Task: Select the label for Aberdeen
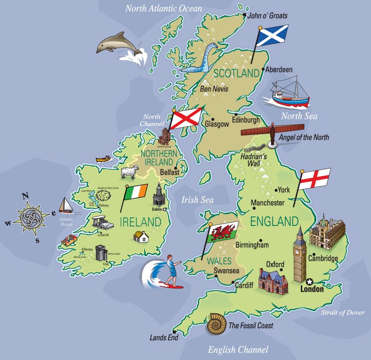coord(279,70)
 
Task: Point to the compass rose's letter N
coord(26,196)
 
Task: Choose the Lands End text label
coord(164,337)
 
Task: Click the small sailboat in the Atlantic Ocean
coord(66,206)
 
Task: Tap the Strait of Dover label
coord(343,313)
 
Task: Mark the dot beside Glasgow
coord(203,120)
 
